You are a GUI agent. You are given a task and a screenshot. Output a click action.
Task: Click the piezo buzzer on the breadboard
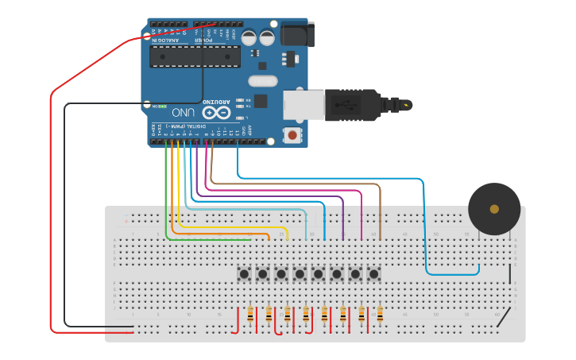click(x=494, y=209)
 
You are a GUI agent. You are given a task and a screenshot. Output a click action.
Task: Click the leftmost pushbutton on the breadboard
click(x=244, y=274)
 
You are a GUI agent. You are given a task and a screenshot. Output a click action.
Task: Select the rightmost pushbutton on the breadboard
click(x=373, y=274)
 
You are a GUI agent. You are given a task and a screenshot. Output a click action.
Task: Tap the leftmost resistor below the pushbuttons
click(x=250, y=315)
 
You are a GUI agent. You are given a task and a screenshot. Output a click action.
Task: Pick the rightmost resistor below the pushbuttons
click(x=380, y=315)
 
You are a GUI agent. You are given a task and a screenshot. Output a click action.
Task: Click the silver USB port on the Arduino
click(x=304, y=106)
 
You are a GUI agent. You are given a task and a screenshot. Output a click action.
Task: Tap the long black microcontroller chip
click(x=195, y=56)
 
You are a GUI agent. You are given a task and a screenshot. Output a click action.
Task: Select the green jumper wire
click(x=166, y=199)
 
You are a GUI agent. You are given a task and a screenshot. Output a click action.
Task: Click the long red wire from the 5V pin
click(x=51, y=199)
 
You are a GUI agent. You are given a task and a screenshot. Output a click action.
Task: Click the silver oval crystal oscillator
click(x=263, y=80)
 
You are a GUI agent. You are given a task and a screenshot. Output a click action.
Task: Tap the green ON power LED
click(x=162, y=105)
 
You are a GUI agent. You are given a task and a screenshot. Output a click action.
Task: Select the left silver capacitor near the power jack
click(x=249, y=37)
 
